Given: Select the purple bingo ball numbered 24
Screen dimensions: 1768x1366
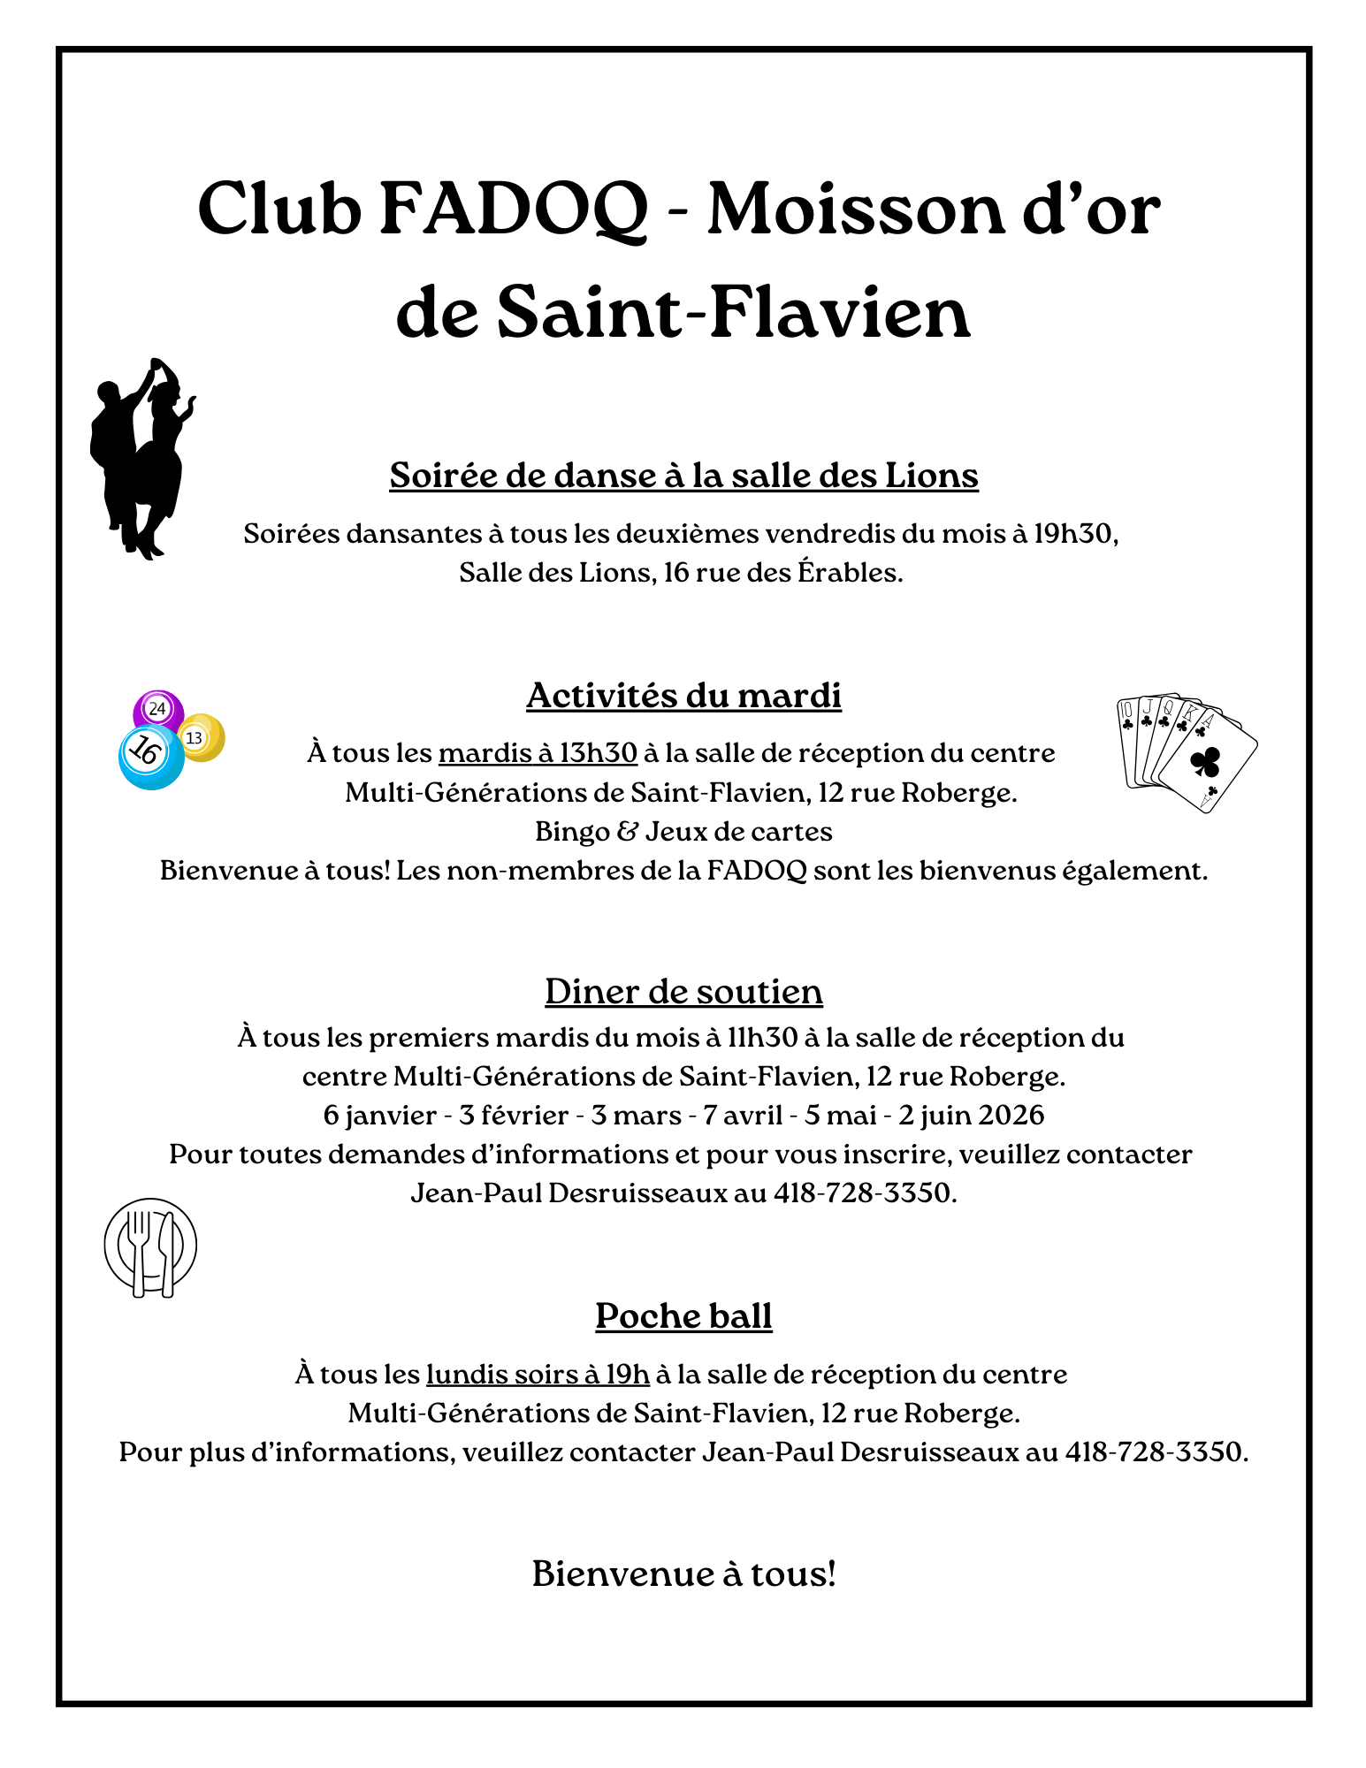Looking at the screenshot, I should tap(157, 708).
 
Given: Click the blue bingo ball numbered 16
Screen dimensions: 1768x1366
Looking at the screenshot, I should tap(149, 756).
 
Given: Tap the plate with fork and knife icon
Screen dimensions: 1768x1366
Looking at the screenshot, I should tap(150, 1246).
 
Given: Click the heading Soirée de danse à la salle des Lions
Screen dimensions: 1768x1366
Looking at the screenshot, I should tap(683, 476).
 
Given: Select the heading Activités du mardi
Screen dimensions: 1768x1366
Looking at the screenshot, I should tap(683, 696).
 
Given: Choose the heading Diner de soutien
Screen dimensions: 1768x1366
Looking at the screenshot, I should tap(683, 992).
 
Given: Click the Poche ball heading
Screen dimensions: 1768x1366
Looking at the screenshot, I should tap(683, 1316).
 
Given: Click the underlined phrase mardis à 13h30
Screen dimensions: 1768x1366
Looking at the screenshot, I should tap(538, 753).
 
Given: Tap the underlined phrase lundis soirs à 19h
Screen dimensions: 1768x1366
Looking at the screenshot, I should tap(538, 1375).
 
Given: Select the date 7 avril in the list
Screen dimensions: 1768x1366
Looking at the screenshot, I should tap(743, 1116).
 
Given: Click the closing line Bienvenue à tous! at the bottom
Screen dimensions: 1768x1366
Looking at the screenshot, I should tap(683, 1574).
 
